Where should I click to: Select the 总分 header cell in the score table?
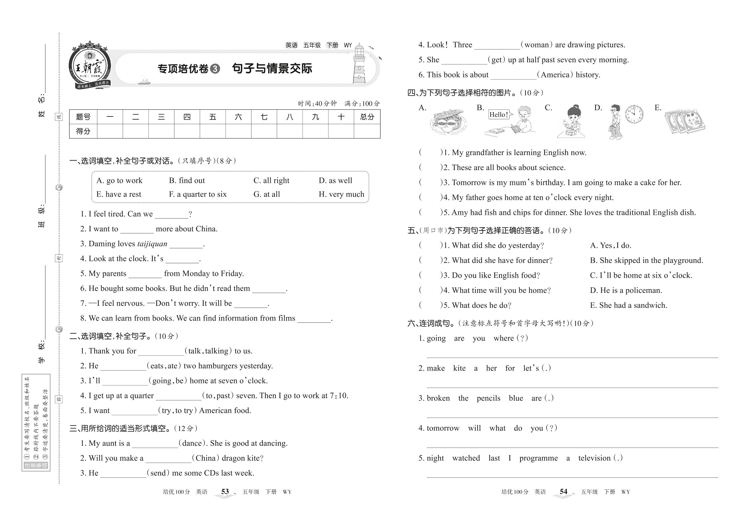point(367,117)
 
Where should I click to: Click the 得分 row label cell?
point(83,131)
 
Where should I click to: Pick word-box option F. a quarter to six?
point(198,194)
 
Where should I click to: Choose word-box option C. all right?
point(271,181)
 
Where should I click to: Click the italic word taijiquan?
point(152,244)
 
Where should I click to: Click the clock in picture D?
point(634,114)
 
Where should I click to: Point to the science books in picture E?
point(685,121)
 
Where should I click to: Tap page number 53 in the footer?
point(225,492)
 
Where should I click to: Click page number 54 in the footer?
point(563,492)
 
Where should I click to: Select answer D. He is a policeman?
point(626,291)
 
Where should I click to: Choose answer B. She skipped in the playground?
point(646,261)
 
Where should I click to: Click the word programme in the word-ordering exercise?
point(538,458)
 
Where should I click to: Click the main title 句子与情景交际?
point(272,69)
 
